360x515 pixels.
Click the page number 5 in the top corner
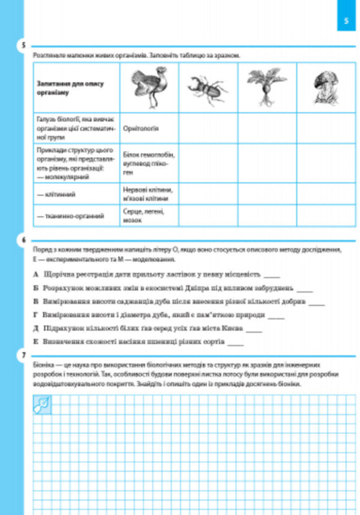click(x=347, y=22)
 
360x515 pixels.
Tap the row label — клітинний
click(x=61, y=194)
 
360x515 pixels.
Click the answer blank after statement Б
click(x=305, y=288)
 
